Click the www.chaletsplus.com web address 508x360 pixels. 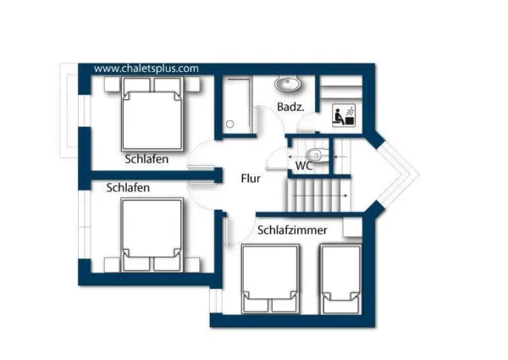(146, 69)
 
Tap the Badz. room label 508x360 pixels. (290, 107)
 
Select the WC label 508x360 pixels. (304, 165)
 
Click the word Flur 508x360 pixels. (251, 179)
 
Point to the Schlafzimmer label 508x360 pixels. (292, 230)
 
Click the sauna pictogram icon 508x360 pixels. (344, 115)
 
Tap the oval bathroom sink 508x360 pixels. (287, 84)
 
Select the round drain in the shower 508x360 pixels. (230, 124)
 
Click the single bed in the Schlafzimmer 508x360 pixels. (340, 280)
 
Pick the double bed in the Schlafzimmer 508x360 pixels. (270, 280)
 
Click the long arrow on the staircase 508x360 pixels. (320, 196)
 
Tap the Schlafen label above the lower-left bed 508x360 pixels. (128, 187)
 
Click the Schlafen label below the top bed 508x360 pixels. (146, 159)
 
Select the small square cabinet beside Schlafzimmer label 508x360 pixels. (352, 227)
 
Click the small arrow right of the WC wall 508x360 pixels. (340, 158)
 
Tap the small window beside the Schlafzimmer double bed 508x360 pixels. (216, 301)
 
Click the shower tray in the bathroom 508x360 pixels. (237, 105)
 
